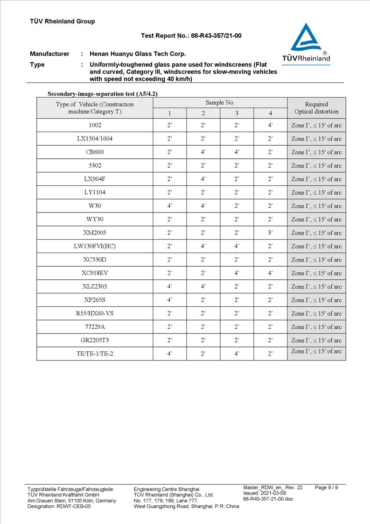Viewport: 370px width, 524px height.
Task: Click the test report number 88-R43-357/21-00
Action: (x=191, y=35)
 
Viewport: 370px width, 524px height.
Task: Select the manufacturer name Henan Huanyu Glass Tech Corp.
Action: (x=138, y=54)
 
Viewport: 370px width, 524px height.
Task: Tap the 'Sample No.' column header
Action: (x=220, y=103)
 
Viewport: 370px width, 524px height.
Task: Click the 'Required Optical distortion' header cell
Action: (x=316, y=108)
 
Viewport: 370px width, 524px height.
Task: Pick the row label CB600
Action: (x=95, y=152)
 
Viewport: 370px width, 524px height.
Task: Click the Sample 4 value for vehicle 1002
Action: (x=270, y=125)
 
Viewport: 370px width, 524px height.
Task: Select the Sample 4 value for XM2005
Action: (x=270, y=233)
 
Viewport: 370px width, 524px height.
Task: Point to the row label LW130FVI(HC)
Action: (x=95, y=246)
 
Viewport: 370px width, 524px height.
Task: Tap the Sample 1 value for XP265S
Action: (x=169, y=300)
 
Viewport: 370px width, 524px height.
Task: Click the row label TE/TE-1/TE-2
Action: (x=95, y=354)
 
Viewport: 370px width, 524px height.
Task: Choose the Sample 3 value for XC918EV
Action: (x=237, y=273)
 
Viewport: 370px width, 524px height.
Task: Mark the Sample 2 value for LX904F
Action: (x=203, y=179)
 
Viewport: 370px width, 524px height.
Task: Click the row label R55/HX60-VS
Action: (x=95, y=313)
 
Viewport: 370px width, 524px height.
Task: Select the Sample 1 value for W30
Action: (x=169, y=206)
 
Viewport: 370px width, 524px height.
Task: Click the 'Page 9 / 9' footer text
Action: (x=326, y=488)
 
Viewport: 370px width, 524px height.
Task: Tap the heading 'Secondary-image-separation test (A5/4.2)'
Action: (x=106, y=94)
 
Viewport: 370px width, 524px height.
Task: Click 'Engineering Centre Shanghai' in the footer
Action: (x=167, y=489)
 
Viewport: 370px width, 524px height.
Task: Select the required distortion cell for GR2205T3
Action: (x=316, y=340)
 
